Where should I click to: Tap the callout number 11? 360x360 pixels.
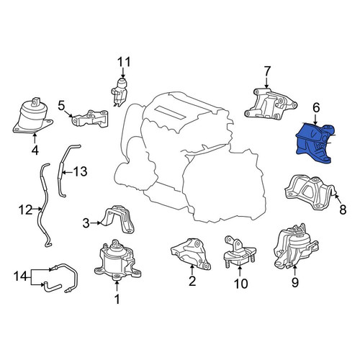coord(124,62)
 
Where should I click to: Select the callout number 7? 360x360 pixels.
coord(267,71)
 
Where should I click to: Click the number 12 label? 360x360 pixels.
coord(25,210)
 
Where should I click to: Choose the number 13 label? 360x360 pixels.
coord(80,171)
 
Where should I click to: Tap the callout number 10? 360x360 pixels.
coord(240,284)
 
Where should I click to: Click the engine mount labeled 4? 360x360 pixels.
coord(32,117)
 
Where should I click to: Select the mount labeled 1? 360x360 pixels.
coord(117,261)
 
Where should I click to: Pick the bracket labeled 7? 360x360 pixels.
coord(271,104)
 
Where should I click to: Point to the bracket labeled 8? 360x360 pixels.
coord(310,193)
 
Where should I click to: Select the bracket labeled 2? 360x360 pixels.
coord(191,253)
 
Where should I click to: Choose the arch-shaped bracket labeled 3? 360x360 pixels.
coord(118,219)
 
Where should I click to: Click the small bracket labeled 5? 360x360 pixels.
coord(91,119)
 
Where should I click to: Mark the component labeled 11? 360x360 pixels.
coord(120,91)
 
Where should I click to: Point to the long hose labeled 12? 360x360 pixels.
coord(45,204)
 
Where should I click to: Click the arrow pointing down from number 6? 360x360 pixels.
coord(315,119)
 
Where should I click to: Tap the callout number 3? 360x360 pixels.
coord(86,223)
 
